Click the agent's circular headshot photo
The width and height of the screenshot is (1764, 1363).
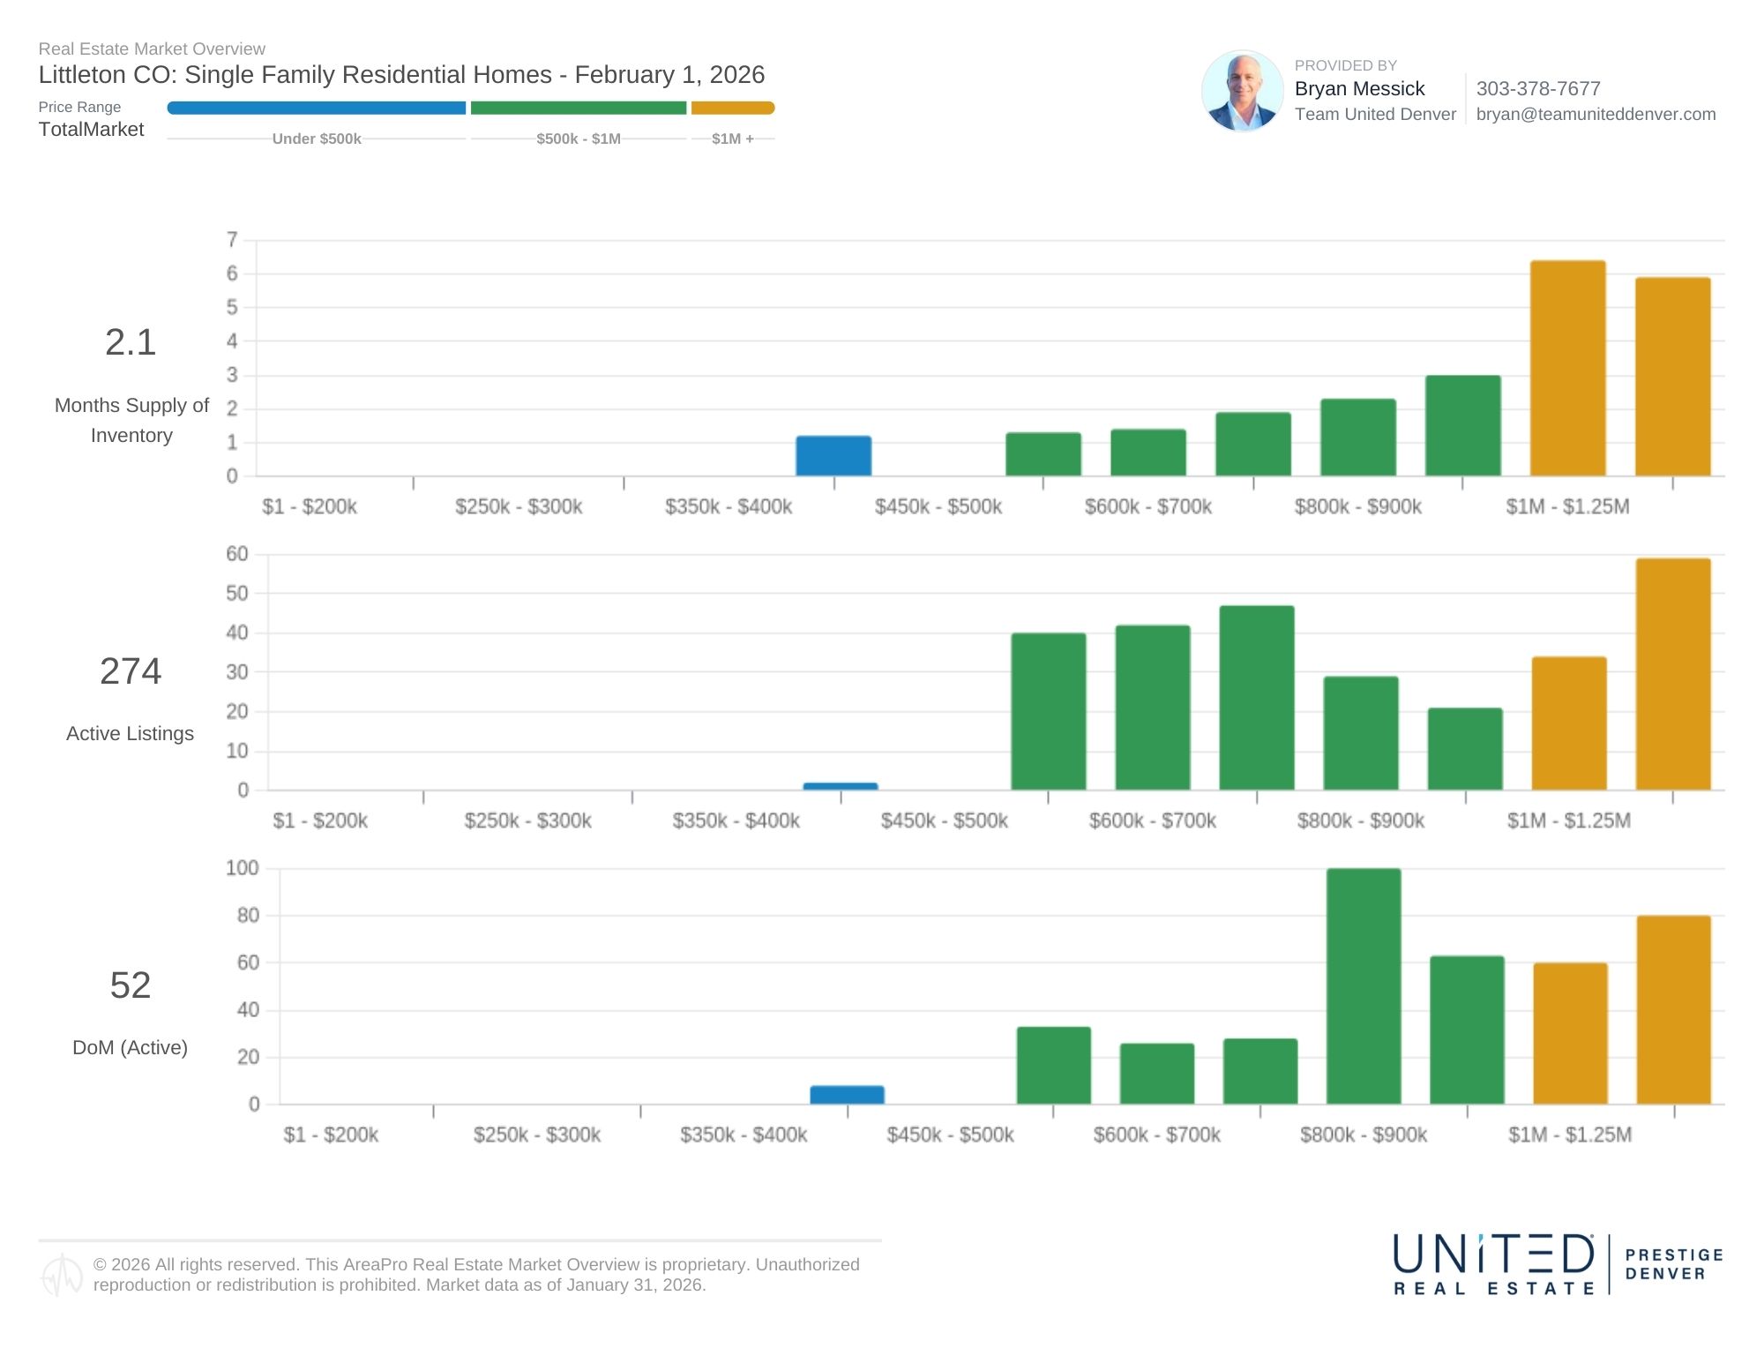click(1242, 91)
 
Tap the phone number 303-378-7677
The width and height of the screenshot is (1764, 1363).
click(1537, 89)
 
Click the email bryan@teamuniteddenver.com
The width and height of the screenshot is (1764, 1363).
click(1595, 114)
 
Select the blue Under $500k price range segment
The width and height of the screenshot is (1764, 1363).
click(316, 108)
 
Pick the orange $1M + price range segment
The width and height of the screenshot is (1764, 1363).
click(732, 108)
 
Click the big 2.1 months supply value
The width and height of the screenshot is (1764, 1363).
click(131, 342)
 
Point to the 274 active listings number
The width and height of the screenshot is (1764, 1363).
click(131, 671)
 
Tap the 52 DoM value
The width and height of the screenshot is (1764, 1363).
click(131, 985)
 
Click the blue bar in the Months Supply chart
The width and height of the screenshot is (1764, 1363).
click(833, 456)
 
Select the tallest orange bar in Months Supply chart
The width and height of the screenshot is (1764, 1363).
click(1567, 369)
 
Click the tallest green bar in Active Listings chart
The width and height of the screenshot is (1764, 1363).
click(1256, 698)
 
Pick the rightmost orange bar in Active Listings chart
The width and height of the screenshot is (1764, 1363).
click(1672, 674)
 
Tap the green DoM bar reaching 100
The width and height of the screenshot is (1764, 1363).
click(1363, 986)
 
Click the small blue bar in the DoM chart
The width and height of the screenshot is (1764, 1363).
click(847, 1095)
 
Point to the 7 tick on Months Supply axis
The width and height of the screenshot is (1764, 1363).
click(232, 240)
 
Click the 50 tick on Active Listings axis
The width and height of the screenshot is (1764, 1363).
click(237, 594)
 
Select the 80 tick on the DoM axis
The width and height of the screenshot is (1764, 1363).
click(248, 916)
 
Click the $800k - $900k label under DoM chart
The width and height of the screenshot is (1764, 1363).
click(1363, 1135)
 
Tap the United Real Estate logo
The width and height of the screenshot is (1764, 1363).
click(1494, 1264)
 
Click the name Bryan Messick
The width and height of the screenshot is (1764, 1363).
click(1359, 89)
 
